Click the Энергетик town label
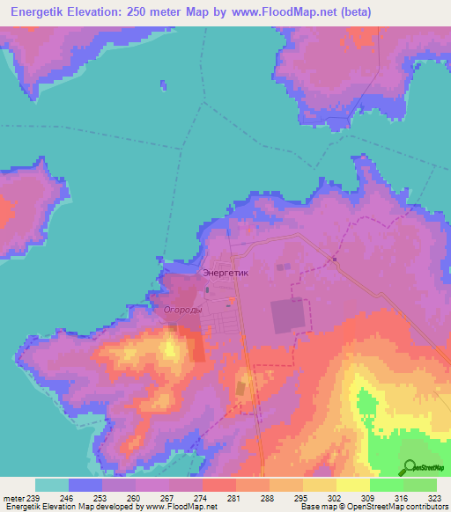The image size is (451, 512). (226, 273)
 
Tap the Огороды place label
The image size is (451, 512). (183, 310)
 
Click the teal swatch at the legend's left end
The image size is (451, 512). (52, 485)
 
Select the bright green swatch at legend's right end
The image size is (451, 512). (419, 485)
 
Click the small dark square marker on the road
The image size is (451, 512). (335, 259)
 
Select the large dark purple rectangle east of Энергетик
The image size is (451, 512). (288, 316)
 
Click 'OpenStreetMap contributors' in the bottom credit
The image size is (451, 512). (392, 508)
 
